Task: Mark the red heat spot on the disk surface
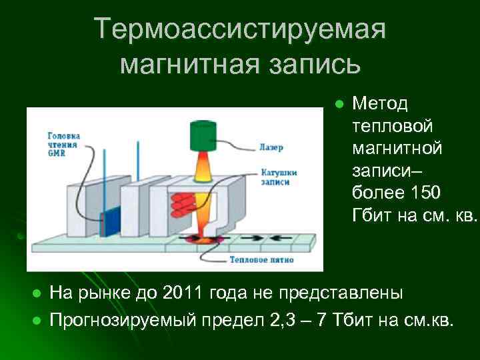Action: (203, 239)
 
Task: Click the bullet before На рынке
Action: (37, 294)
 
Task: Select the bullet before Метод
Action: (339, 104)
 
